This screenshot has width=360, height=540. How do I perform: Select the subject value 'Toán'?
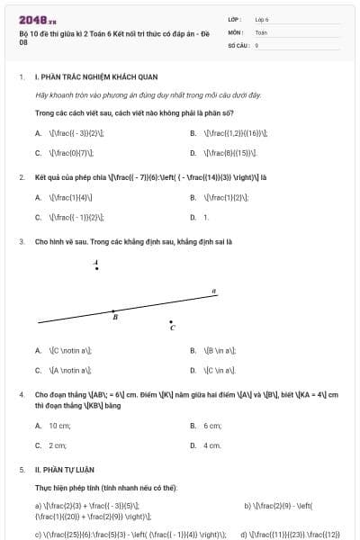click(x=261, y=31)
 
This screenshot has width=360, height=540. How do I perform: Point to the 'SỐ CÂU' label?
click(x=238, y=44)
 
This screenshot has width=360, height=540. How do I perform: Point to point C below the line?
click(x=171, y=322)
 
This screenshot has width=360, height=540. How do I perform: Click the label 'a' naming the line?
click(x=213, y=291)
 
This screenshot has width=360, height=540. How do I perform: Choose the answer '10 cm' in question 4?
click(x=59, y=425)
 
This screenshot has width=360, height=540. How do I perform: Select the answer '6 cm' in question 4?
click(x=212, y=425)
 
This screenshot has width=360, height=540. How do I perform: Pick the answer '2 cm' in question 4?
click(x=58, y=445)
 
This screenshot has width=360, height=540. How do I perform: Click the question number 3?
click(x=21, y=242)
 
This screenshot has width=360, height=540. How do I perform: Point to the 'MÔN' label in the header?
click(x=236, y=31)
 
